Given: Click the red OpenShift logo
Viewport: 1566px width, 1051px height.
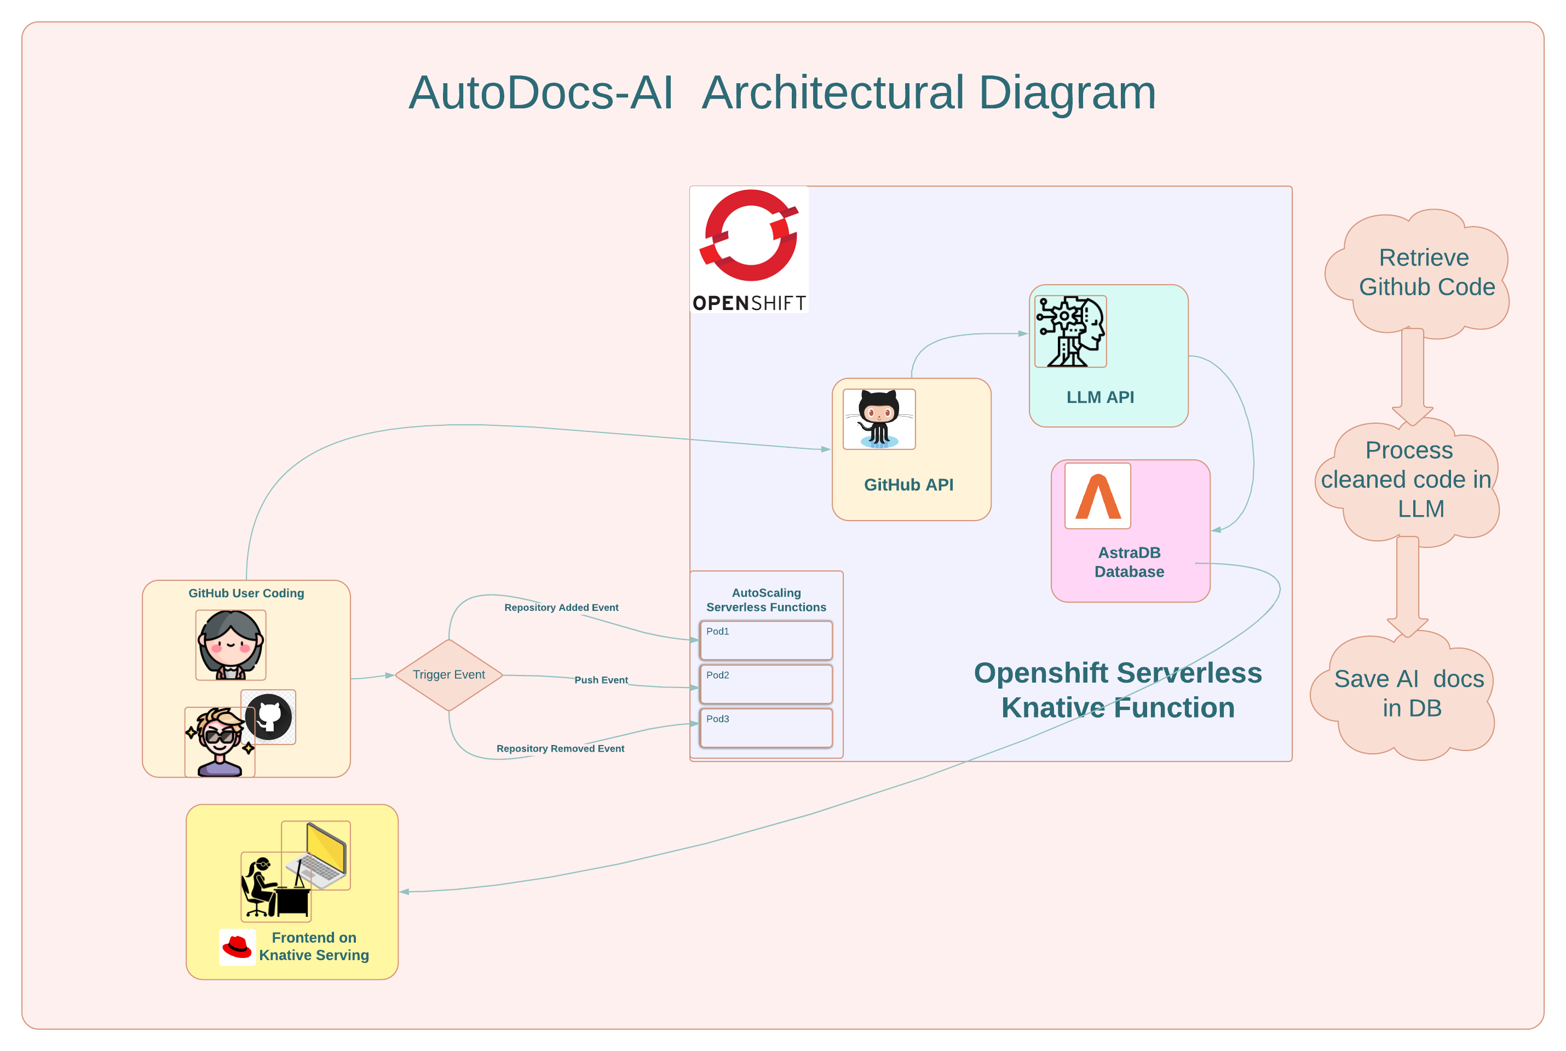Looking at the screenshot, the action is (x=749, y=250).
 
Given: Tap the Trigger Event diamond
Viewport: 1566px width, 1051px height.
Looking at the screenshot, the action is (x=448, y=675).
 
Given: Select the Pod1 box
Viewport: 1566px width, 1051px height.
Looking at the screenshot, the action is (x=765, y=640).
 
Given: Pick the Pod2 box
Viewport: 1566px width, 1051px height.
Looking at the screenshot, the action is (x=765, y=684).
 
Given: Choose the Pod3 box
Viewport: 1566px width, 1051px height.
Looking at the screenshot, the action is (x=765, y=727).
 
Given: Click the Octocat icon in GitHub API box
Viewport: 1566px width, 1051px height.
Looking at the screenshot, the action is (x=879, y=419).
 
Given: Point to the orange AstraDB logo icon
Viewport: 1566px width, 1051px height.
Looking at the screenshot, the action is (x=1097, y=496).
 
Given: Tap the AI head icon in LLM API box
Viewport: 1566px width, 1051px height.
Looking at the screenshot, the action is (x=1070, y=332).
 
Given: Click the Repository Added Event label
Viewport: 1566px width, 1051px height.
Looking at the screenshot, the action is (x=561, y=607).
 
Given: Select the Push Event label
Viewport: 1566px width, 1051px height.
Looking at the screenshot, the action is (x=601, y=680).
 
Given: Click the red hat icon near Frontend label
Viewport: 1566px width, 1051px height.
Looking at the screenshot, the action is (x=237, y=947).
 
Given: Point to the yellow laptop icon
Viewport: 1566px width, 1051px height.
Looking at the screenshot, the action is (x=316, y=855).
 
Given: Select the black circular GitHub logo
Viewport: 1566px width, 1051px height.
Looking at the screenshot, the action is (x=268, y=717).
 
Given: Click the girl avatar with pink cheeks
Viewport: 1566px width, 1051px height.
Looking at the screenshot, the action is (x=231, y=645).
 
